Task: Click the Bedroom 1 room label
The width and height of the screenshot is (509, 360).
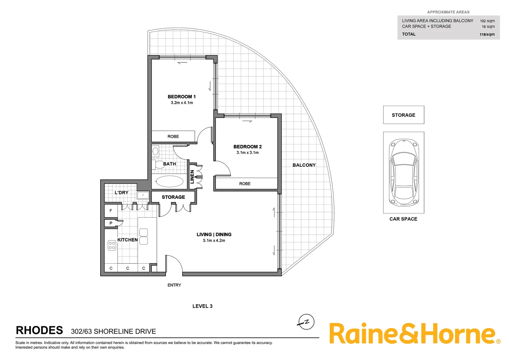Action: coord(182,97)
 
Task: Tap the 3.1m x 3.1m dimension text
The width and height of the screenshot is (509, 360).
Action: coord(248,153)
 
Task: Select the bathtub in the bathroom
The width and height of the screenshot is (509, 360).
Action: coord(169,182)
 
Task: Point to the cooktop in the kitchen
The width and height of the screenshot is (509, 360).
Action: coord(112,246)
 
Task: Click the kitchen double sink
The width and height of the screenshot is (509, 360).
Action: coord(144,236)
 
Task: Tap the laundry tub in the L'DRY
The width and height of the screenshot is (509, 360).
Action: coord(143,195)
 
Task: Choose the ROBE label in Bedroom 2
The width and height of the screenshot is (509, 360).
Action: coord(245,184)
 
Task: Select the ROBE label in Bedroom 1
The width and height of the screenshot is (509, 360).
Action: coord(173,136)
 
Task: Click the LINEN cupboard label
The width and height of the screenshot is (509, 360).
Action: coord(192,177)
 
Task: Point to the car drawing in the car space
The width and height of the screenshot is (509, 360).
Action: coord(403,172)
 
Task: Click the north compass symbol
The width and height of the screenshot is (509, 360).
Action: coord(306,322)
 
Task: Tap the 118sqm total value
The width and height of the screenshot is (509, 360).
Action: coord(487,34)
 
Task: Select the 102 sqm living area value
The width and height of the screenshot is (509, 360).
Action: coord(487,21)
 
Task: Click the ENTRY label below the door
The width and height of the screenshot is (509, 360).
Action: coord(174,285)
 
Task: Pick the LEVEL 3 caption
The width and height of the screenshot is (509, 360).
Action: coord(202,306)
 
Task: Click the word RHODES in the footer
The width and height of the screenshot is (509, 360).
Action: coord(39,330)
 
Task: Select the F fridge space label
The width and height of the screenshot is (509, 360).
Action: coord(111,211)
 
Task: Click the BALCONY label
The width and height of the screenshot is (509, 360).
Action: coord(304,165)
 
